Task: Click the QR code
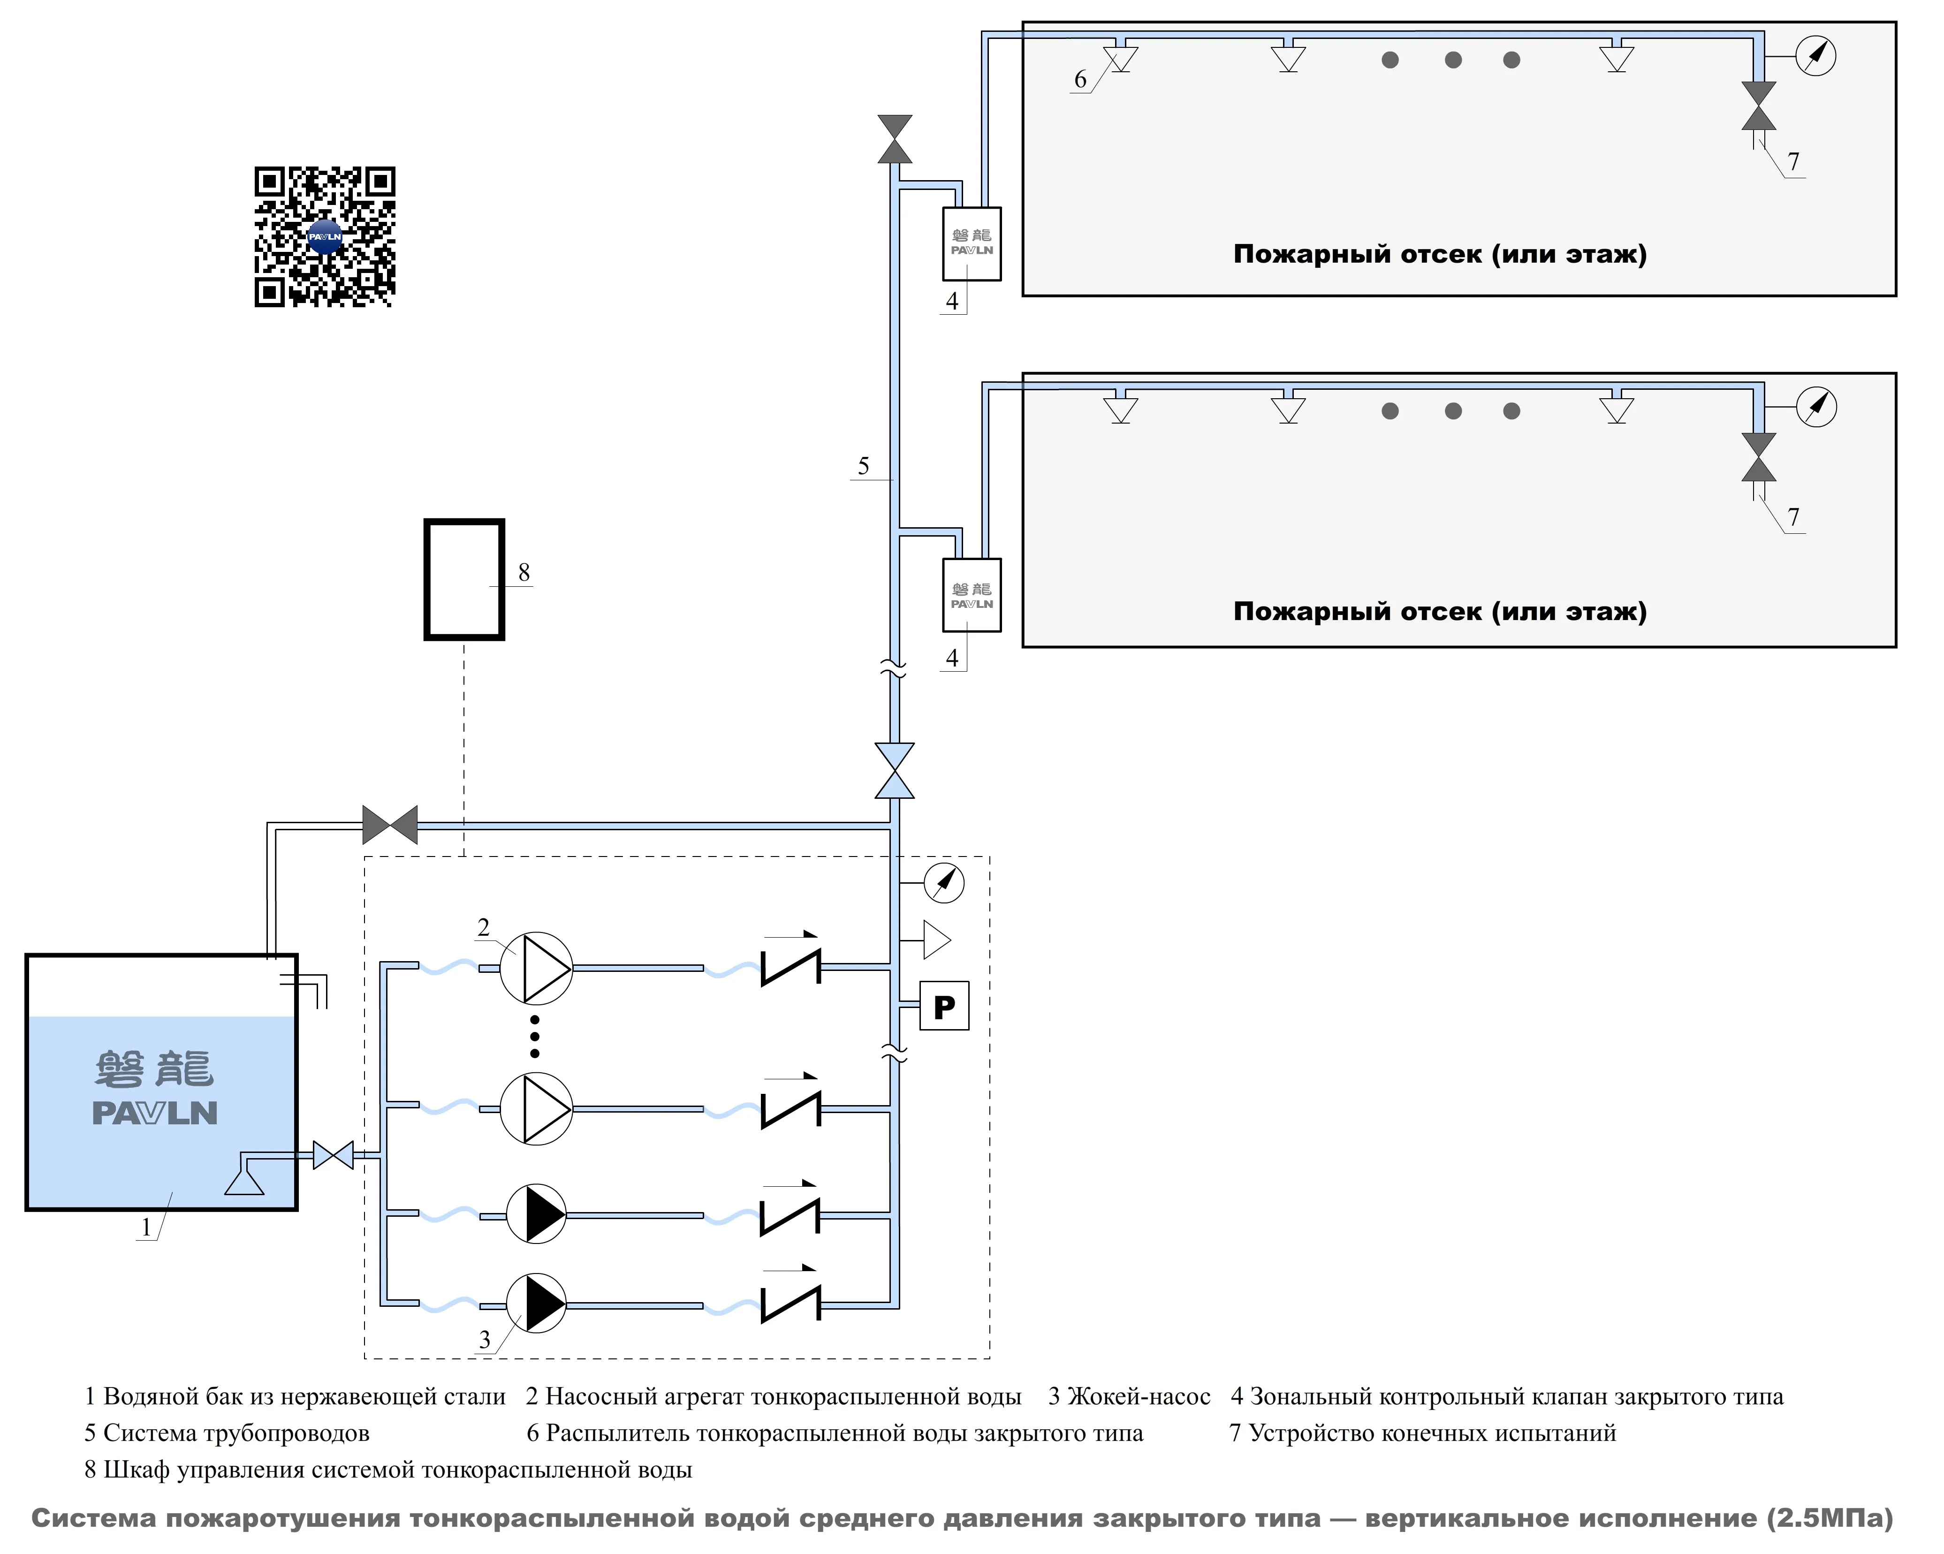pos(325,236)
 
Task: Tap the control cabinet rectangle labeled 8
pos(464,580)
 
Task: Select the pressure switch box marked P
pos(944,1006)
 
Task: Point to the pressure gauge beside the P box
pos(944,883)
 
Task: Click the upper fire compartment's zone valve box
pos(971,243)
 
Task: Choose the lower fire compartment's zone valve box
pos(971,595)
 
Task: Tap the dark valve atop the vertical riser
pos(895,139)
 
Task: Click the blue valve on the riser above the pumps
pos(895,771)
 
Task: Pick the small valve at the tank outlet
pos(333,1155)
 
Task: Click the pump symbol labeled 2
pos(537,968)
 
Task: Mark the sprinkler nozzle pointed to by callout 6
pos(1121,59)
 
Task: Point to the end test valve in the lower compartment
pos(1758,457)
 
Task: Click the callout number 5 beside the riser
pos(863,466)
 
